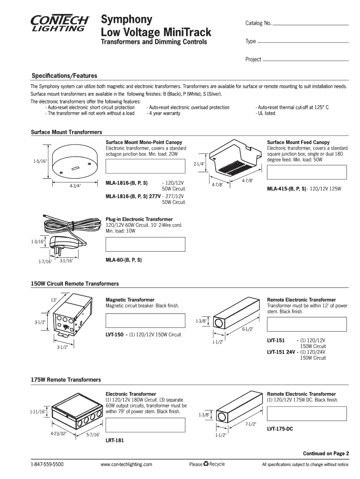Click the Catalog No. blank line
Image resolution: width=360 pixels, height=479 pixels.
click(x=311, y=24)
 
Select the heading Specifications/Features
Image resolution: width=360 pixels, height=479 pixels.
click(x=64, y=76)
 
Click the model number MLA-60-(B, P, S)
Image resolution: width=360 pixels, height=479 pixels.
click(x=124, y=260)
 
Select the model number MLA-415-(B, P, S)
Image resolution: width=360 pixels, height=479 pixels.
click(x=287, y=189)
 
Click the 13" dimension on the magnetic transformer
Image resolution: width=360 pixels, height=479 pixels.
click(x=54, y=300)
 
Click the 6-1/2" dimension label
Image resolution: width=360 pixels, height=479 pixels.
click(x=248, y=329)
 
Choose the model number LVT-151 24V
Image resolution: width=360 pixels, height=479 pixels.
click(x=281, y=352)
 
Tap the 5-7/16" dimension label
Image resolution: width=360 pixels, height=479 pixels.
click(x=94, y=435)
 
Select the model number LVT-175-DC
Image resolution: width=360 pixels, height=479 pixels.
click(x=280, y=428)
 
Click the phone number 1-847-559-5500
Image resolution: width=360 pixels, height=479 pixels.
click(x=47, y=464)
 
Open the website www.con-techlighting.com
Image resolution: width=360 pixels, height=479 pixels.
click(x=127, y=464)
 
